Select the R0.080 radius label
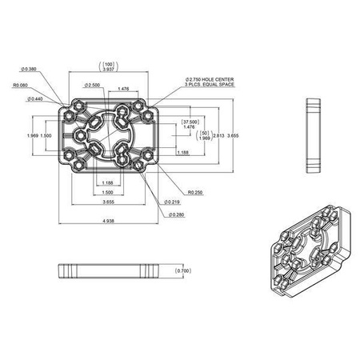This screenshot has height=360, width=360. point(22,86)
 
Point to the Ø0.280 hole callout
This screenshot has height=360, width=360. point(175,214)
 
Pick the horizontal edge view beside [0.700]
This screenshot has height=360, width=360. point(106,271)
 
